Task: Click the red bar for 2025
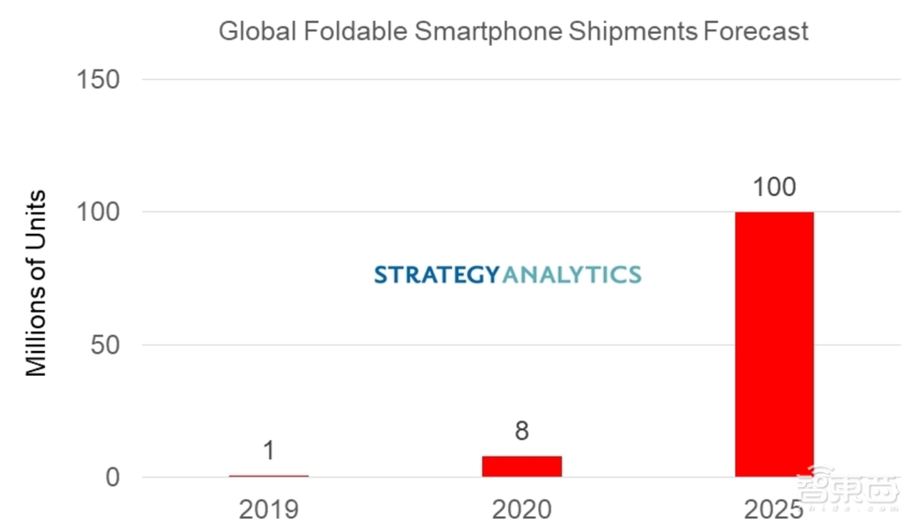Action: tap(774, 344)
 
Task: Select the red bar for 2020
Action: tap(521, 466)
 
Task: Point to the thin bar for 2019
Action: tap(269, 476)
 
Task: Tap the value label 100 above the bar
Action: tap(774, 188)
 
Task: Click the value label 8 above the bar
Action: tap(521, 431)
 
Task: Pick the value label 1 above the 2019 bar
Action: tap(269, 451)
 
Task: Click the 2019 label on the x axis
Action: tap(269, 509)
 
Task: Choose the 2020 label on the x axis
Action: tap(521, 509)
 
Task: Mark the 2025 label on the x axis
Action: tap(774, 509)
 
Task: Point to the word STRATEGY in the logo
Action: tap(437, 274)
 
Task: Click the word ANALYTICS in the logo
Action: tap(572, 274)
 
